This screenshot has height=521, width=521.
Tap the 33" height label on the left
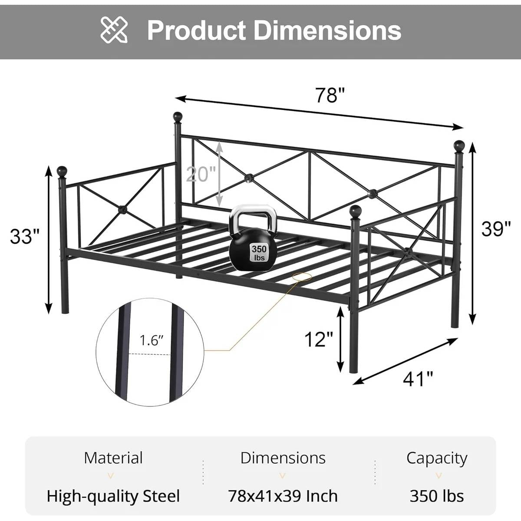(25, 237)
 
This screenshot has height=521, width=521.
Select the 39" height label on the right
(496, 229)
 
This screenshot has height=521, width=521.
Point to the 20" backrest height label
(201, 174)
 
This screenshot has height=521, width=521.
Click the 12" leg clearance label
(318, 339)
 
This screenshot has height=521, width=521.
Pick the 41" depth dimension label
(418, 379)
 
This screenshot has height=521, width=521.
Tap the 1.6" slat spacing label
(151, 340)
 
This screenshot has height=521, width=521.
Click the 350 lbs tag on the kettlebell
(259, 253)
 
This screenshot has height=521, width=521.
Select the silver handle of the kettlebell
(253, 216)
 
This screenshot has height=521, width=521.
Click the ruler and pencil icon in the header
(114, 30)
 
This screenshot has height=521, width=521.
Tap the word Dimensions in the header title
(327, 30)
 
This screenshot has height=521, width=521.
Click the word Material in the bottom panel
(113, 458)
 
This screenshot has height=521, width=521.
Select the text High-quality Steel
(113, 496)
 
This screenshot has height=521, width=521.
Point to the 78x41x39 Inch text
(283, 496)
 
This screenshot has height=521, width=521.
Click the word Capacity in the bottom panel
(437, 458)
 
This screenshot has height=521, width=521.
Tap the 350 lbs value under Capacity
(437, 496)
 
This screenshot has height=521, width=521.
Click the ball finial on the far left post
(63, 171)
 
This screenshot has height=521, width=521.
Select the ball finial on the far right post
(459, 145)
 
